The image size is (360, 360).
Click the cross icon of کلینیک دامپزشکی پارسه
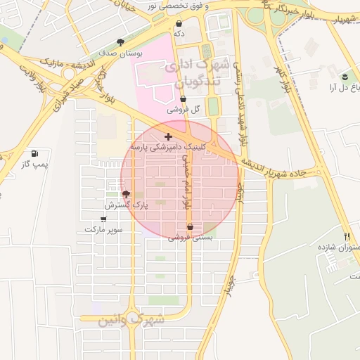pyautogui.click(x=167, y=136)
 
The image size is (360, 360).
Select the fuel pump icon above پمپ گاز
pyautogui.click(x=34, y=153)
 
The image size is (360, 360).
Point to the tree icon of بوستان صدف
pyautogui.click(x=121, y=42)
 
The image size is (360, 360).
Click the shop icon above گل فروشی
pyautogui.click(x=184, y=99)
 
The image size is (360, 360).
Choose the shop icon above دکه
pyautogui.click(x=179, y=23)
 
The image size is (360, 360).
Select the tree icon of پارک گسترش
pyautogui.click(x=126, y=194)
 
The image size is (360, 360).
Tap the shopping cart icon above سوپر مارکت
pyautogui.click(x=104, y=219)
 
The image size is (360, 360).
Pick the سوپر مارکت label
pyautogui.click(x=104, y=230)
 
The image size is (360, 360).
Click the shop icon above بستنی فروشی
pyautogui.click(x=190, y=226)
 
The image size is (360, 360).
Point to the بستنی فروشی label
pyautogui.click(x=190, y=238)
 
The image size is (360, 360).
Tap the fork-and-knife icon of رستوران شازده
pyautogui.click(x=347, y=236)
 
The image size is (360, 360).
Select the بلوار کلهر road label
pyautogui.click(x=285, y=83)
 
